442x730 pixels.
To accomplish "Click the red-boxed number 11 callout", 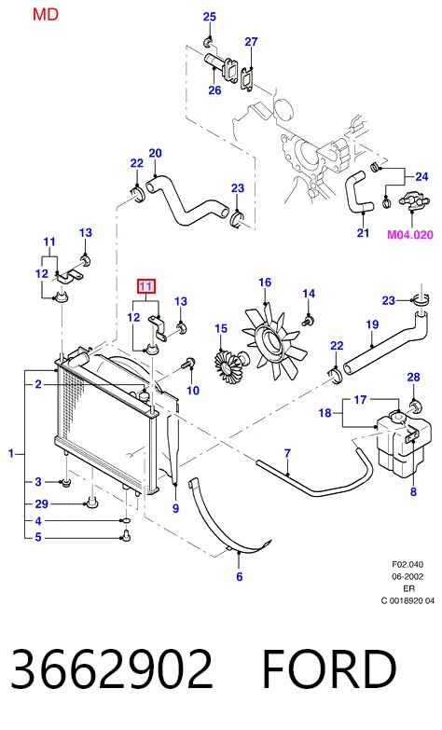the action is [145, 286].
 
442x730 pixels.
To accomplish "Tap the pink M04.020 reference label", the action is [410, 235].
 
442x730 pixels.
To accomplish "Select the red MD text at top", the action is [46, 14].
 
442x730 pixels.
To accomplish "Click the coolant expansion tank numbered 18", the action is [404, 439].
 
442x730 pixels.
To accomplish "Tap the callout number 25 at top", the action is [210, 17].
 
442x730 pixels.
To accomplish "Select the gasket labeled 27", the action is [247, 77].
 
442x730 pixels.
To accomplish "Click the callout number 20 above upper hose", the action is [155, 153].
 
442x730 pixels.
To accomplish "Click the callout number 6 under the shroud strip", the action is [239, 577].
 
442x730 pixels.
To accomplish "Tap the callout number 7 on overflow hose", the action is [287, 453].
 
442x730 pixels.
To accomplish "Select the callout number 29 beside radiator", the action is [41, 503].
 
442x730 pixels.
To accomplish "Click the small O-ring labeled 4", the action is [125, 520].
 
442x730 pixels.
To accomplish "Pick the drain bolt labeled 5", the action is [125, 536].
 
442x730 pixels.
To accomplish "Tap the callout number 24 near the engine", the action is [421, 176].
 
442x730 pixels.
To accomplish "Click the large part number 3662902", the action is [112, 669].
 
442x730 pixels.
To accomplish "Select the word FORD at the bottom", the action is [330, 669].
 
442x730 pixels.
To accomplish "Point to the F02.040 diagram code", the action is [407, 565].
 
